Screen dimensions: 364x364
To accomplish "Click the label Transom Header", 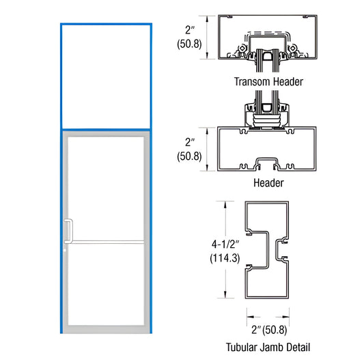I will click(x=268, y=82).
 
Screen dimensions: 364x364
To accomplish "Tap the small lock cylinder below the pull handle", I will click(x=66, y=253).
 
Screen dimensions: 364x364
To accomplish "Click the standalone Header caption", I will click(x=268, y=183).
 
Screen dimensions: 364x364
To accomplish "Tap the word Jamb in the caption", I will click(x=270, y=347).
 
